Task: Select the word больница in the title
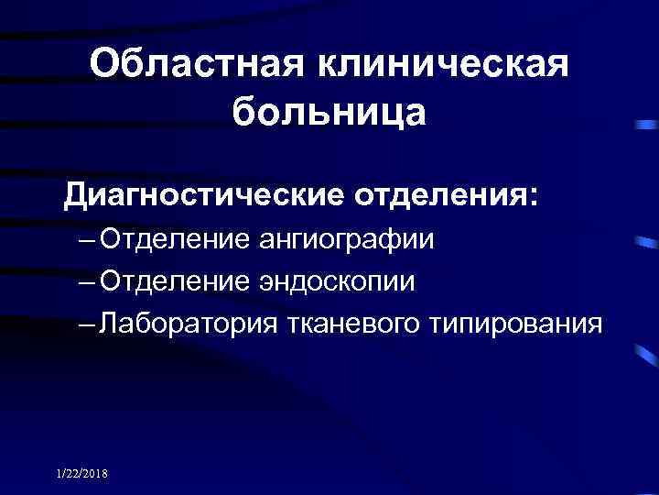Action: coord(329,113)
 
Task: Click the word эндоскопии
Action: coord(338,280)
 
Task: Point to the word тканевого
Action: coord(365,322)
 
